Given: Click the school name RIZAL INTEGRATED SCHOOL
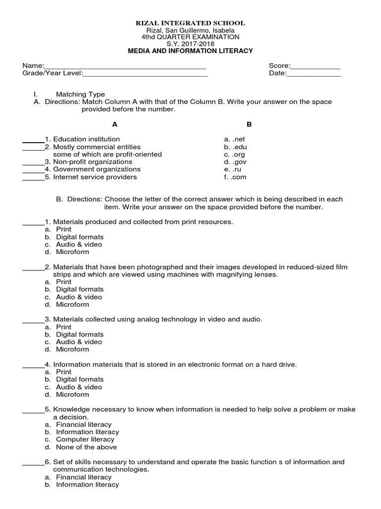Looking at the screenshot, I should pos(190,23).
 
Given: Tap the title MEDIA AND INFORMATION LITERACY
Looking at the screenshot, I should pos(190,51).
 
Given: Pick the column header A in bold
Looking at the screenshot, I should pos(115,124).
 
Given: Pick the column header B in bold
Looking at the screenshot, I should pos(250,124).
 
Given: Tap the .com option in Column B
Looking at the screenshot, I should pos(235,177).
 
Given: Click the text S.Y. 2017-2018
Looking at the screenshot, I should pos(190,44).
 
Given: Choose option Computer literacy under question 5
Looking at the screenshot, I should pos(85,439).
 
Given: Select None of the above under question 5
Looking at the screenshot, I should pos(86,447).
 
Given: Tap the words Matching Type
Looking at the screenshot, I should pos(80,94).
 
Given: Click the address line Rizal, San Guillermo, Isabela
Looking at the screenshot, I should pos(190,30).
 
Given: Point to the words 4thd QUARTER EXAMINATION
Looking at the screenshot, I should pos(190,37).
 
